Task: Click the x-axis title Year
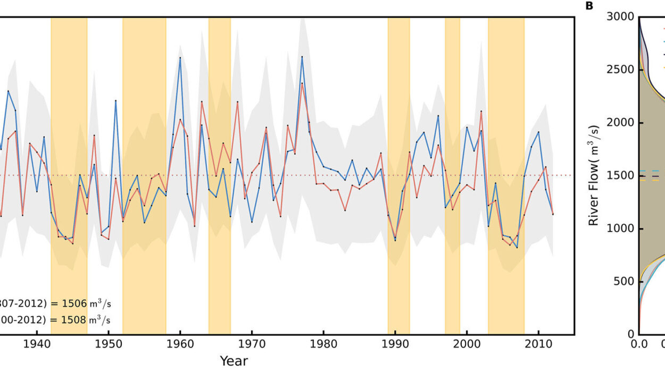pos(234,361)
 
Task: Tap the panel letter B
pos(589,6)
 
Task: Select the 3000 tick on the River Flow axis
pos(620,18)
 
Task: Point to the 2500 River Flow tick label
pos(620,70)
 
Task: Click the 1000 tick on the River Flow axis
pos(620,229)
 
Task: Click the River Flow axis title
pos(594,175)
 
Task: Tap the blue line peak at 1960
pos(180,57)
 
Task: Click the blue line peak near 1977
pos(302,56)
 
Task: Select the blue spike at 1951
pos(115,100)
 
